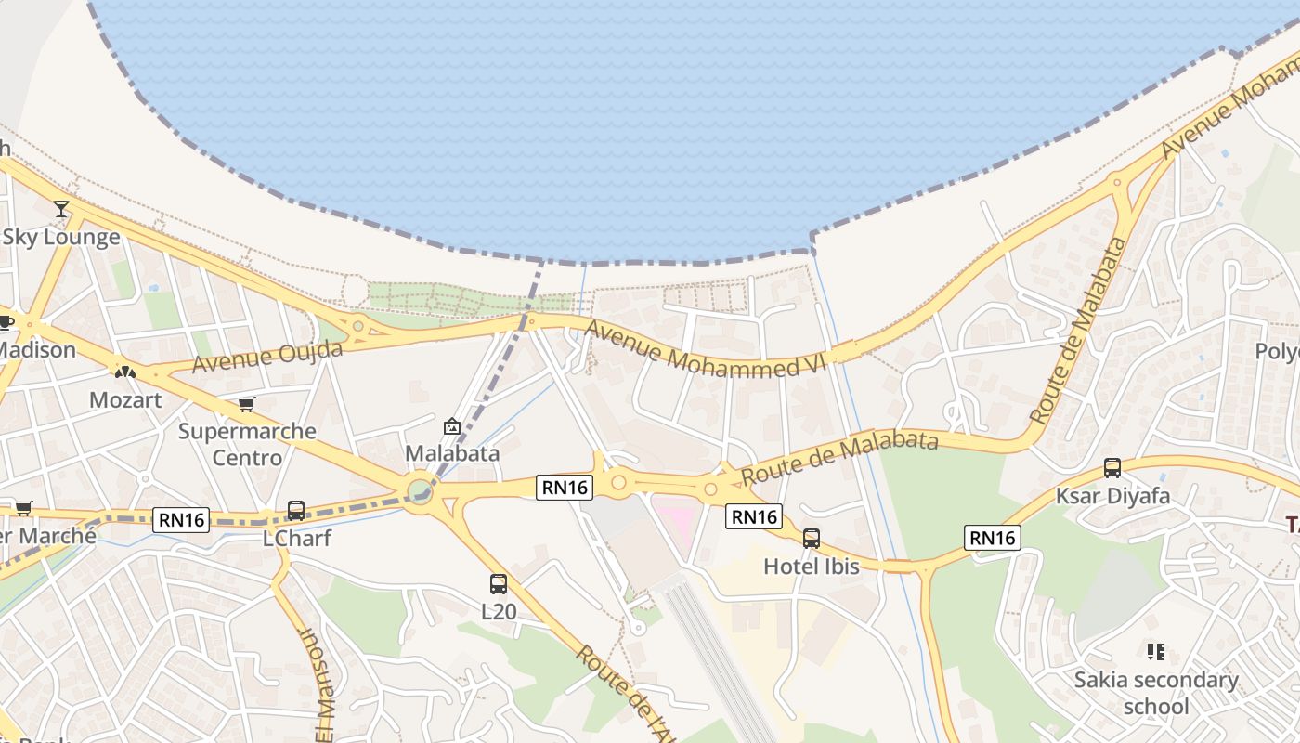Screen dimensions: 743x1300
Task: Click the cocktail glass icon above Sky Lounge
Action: tap(61, 209)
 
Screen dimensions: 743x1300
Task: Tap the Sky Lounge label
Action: tap(61, 237)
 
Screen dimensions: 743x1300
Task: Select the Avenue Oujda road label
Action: tap(267, 357)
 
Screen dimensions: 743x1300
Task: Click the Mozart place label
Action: tap(125, 400)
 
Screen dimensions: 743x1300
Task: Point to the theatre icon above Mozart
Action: tap(125, 371)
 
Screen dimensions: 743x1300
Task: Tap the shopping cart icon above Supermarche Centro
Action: tap(246, 404)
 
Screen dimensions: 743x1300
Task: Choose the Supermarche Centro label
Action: tap(247, 444)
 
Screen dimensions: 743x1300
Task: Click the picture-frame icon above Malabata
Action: tap(452, 426)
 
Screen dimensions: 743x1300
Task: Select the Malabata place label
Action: tap(452, 453)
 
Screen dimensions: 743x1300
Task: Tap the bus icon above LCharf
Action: tap(296, 510)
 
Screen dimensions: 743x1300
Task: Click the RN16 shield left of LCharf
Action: tap(182, 519)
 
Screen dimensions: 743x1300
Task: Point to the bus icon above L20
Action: tap(499, 584)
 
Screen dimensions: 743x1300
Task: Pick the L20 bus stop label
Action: tap(499, 611)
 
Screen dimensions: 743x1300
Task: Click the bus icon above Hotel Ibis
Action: tap(812, 538)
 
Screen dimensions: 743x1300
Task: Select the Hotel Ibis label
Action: tap(812, 566)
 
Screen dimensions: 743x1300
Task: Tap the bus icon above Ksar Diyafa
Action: tap(1112, 468)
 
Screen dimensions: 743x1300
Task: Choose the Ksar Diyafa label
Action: tap(1112, 496)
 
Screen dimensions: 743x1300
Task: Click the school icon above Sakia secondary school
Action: tap(1156, 651)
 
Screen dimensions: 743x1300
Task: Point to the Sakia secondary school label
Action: tap(1156, 693)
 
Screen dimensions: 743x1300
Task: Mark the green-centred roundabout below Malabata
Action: tap(420, 489)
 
